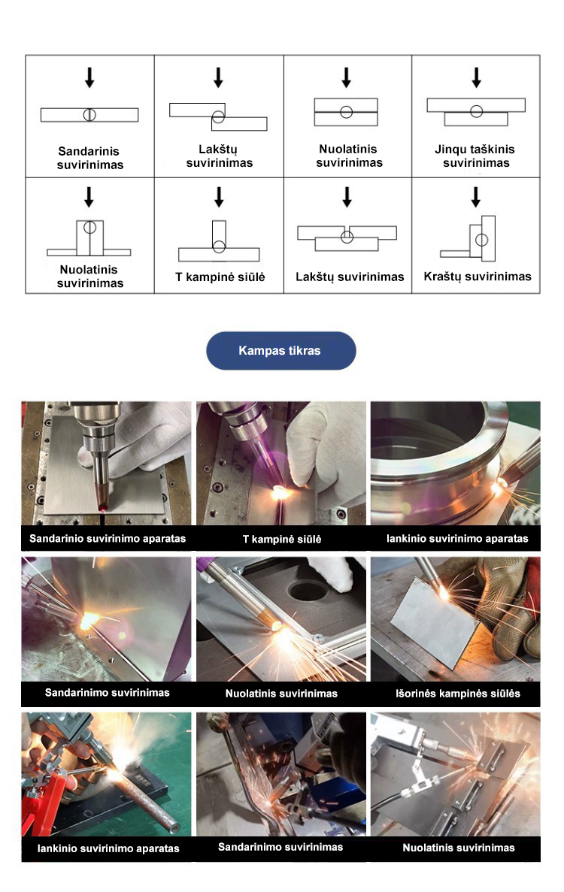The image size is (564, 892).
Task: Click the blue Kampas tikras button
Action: tap(280, 350)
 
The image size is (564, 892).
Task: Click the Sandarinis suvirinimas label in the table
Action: tap(89, 158)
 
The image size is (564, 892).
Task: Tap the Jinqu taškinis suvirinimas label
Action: tap(475, 156)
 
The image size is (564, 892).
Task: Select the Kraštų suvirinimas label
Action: tap(477, 277)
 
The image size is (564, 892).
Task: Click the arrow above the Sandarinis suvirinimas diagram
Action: tap(89, 77)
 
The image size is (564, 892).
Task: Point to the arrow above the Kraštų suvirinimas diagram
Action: tap(476, 197)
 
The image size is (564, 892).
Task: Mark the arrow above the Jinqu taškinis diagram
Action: tap(476, 77)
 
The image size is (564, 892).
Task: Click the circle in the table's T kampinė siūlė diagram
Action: tap(219, 246)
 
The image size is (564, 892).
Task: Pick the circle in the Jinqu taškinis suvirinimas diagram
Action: tap(476, 111)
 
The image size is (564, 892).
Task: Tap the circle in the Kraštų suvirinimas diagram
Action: tap(481, 240)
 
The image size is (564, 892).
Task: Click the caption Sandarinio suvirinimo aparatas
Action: tap(108, 538)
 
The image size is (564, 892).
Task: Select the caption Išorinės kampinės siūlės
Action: tap(457, 694)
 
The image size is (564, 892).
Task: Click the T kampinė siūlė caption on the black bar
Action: tap(282, 539)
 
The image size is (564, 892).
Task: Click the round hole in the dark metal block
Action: tap(308, 591)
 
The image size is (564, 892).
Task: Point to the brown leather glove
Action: tap(507, 603)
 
